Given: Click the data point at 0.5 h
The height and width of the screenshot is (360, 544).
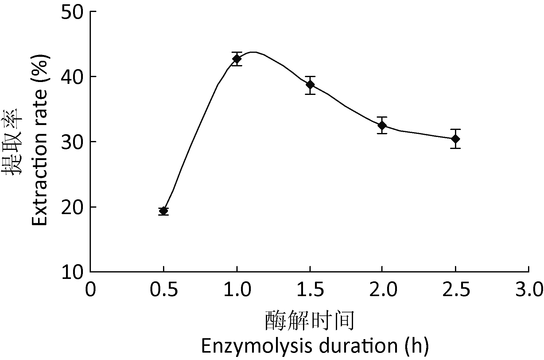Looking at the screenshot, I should click(164, 211).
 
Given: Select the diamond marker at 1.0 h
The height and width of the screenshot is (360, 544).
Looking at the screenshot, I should click(237, 59).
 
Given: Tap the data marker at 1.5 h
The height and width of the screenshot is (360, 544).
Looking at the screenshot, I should click(310, 85).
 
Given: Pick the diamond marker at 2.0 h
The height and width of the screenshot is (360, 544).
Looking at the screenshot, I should click(382, 125).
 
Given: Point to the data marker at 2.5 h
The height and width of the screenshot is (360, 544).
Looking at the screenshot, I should click(456, 139).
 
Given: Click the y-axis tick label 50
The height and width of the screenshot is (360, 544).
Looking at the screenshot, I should click(73, 12).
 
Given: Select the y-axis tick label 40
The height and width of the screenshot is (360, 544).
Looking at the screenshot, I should click(73, 77).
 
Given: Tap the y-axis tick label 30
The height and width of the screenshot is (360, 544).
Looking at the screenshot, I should click(73, 142).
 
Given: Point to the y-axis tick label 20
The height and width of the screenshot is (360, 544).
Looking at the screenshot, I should click(73, 207).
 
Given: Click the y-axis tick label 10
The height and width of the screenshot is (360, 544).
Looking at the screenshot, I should click(73, 272).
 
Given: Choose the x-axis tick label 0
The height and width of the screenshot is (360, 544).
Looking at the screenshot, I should click(90, 290).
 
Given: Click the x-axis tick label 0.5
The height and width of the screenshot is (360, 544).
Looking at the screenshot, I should click(164, 290).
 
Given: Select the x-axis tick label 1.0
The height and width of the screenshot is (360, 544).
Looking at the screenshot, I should click(237, 290).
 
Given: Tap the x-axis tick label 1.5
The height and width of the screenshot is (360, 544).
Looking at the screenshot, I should click(310, 290).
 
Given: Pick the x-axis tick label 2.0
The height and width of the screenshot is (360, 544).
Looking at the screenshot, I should click(383, 290).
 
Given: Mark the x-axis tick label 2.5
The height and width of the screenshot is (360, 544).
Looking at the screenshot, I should click(456, 290).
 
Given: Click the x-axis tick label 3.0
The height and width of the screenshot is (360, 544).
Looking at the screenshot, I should click(529, 290).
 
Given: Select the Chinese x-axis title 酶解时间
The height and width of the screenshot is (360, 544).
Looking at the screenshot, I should click(310, 321).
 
